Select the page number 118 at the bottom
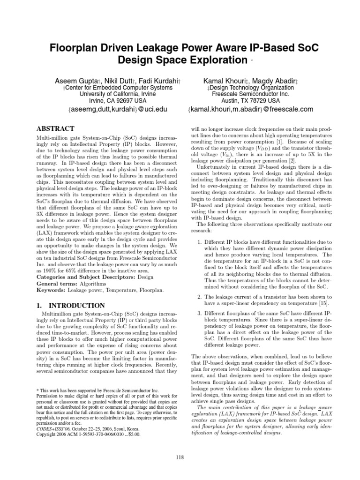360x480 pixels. (180, 457)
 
